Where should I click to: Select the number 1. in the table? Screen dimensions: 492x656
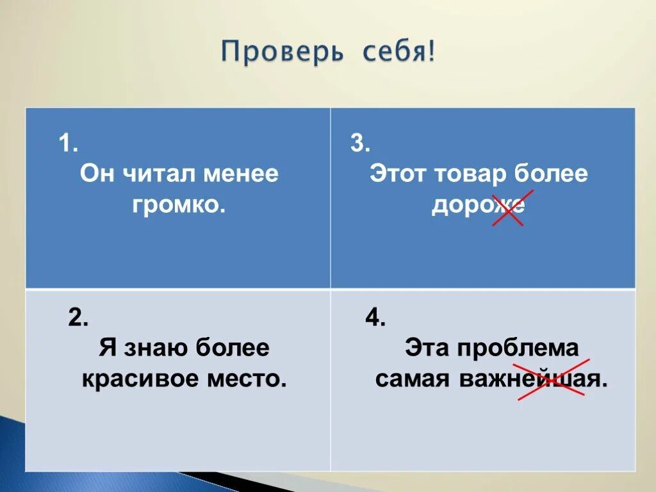pyautogui.click(x=69, y=143)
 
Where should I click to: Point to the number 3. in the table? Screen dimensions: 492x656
pyautogui.click(x=360, y=143)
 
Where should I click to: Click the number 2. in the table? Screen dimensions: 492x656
pyautogui.click(x=78, y=318)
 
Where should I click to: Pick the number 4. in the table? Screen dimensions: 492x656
pyautogui.click(x=375, y=318)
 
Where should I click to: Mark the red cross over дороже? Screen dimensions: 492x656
pyautogui.click(x=508, y=208)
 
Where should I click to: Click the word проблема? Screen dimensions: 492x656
pyautogui.click(x=516, y=349)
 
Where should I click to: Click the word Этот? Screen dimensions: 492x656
pyautogui.click(x=398, y=174)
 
